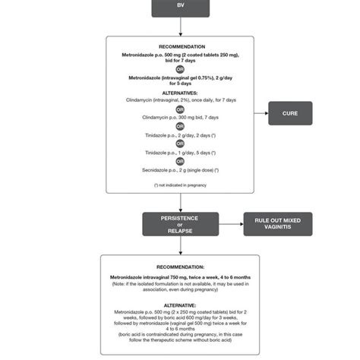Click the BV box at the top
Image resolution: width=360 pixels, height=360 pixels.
(x=180, y=8)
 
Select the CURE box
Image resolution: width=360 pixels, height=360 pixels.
(x=290, y=114)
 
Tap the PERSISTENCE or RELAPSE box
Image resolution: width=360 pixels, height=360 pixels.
(x=180, y=225)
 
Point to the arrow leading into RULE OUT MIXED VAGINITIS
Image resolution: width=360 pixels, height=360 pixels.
(x=232, y=225)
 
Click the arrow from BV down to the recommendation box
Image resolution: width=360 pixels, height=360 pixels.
(x=180, y=27)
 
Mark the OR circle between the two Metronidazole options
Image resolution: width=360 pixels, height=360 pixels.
(x=180, y=69)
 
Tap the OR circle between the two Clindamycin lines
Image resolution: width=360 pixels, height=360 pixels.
(x=180, y=109)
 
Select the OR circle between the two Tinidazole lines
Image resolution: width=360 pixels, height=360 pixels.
(x=180, y=142)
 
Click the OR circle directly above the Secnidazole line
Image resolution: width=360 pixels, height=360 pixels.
(x=180, y=161)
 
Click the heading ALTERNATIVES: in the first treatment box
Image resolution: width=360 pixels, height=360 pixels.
(x=180, y=91)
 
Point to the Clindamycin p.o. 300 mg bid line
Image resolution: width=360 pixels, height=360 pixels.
(x=180, y=118)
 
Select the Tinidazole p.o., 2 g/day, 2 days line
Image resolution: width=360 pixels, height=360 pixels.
(x=180, y=134)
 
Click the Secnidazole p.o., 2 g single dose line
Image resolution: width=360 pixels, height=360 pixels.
(x=180, y=170)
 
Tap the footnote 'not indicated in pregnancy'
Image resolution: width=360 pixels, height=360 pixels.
(x=180, y=185)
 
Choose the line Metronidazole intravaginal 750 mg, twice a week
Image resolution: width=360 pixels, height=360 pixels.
(x=180, y=277)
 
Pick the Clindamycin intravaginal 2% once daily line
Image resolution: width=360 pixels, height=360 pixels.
(x=180, y=99)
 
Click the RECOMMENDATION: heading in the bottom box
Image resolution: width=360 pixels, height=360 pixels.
(x=180, y=267)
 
